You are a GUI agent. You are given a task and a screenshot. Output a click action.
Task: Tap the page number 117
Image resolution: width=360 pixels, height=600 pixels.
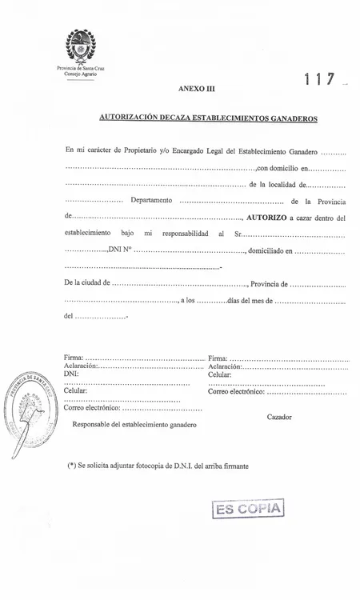tap(318, 81)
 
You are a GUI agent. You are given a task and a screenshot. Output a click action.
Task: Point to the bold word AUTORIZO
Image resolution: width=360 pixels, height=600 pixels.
tap(274, 217)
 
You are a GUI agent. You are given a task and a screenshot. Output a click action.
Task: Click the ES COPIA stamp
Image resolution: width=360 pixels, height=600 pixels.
tap(249, 510)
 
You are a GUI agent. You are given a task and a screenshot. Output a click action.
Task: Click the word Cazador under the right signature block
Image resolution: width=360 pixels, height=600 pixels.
tap(279, 417)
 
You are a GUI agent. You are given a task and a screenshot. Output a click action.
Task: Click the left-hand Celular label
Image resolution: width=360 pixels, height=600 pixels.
tap(74, 390)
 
